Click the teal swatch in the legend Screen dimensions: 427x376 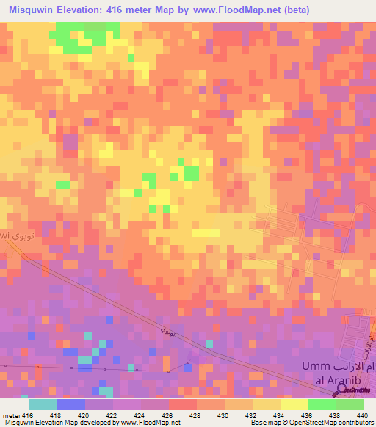(x=43, y=404)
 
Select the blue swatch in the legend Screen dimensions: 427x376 (x=71, y=404)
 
